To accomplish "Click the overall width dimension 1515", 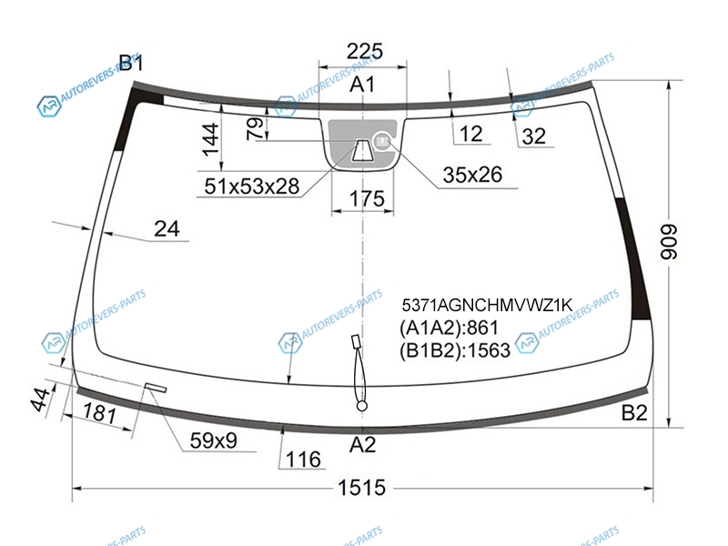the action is (x=361, y=488).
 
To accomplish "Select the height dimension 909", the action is (x=670, y=242).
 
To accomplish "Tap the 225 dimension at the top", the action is (x=365, y=51).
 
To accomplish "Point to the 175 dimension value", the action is (x=367, y=198).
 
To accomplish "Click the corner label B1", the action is (x=131, y=63).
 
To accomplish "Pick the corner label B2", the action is (x=634, y=412).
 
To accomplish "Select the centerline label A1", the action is (x=362, y=85).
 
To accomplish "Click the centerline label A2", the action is (x=362, y=445).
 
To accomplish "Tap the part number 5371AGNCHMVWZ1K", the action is (x=487, y=305).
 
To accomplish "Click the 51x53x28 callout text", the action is (x=252, y=187).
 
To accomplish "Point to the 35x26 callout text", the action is (x=472, y=175).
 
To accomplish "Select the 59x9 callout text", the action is (x=214, y=440).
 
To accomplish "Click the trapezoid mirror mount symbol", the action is (x=361, y=149).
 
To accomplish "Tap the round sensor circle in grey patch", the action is (x=382, y=140).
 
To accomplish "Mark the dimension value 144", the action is (x=211, y=139).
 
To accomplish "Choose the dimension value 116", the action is (x=303, y=460).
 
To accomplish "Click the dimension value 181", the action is (x=99, y=412).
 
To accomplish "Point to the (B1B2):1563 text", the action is (x=454, y=349).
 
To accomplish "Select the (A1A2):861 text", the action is (x=449, y=328).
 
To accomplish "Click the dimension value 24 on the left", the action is (x=167, y=229).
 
